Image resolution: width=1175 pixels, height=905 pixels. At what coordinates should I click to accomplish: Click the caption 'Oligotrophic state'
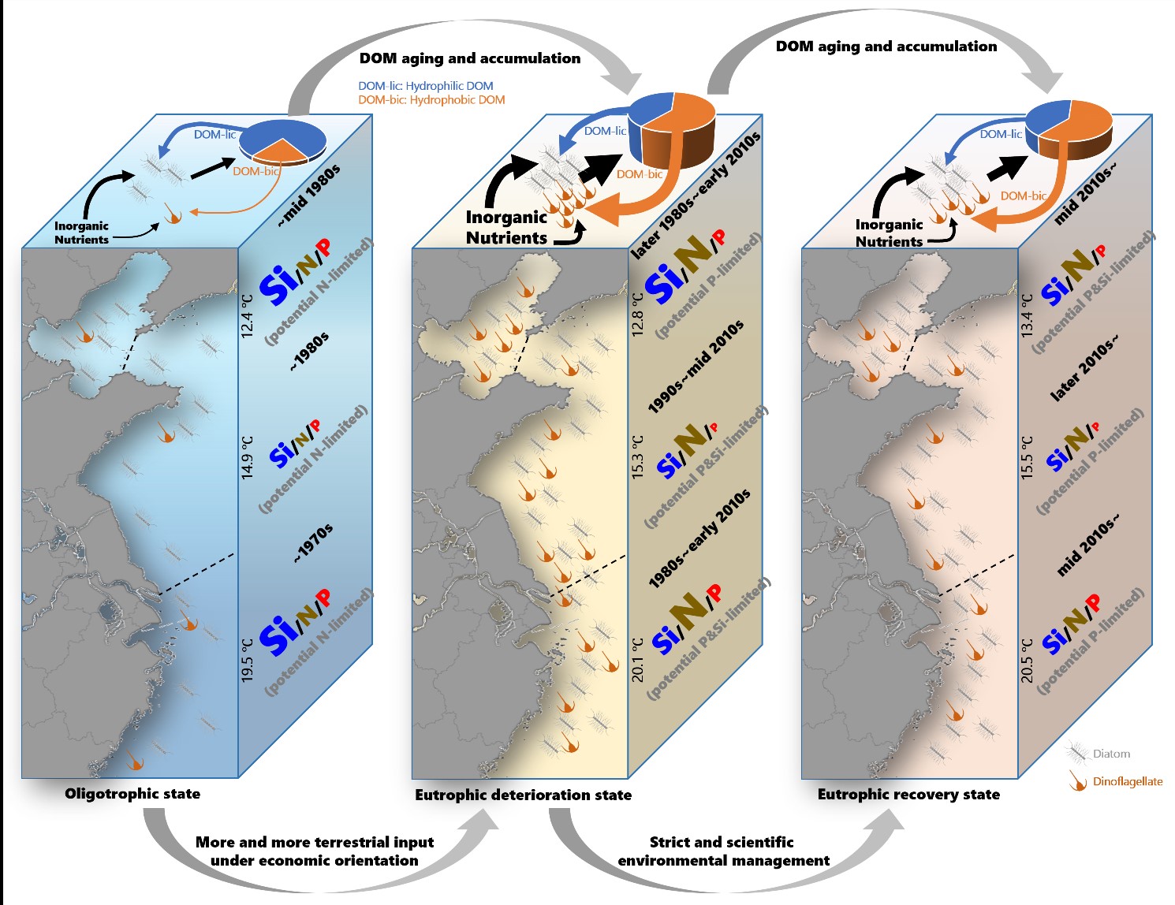click(x=132, y=794)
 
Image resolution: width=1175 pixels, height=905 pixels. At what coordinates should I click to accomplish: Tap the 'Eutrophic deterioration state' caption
click(x=523, y=795)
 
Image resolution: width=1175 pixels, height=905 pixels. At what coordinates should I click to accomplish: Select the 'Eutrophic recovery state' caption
click(x=908, y=795)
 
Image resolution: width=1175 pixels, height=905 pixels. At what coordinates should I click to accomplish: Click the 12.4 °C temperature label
click(x=248, y=316)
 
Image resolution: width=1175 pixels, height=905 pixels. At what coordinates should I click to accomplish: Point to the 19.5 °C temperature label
click(x=248, y=661)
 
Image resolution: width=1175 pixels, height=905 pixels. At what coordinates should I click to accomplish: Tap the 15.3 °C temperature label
click(x=638, y=457)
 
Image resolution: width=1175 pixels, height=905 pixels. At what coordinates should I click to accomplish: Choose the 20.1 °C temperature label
click(x=638, y=661)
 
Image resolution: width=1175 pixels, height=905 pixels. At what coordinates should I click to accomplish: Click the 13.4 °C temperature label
click(x=1027, y=316)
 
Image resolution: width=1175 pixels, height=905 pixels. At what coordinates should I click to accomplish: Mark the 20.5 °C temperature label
click(x=1027, y=661)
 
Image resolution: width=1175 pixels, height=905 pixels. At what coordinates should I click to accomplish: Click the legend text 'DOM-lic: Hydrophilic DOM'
click(x=425, y=86)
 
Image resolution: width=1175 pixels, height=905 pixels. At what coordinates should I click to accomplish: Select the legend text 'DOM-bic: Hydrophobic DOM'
click(x=431, y=100)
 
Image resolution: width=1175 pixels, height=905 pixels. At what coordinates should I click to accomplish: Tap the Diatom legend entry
click(x=1111, y=754)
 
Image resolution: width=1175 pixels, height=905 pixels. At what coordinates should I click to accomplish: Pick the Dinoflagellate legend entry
click(x=1127, y=782)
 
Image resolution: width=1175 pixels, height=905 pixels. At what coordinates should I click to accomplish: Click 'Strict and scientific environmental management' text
click(x=723, y=851)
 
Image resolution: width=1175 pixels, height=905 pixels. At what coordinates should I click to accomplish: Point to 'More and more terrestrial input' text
click(x=315, y=843)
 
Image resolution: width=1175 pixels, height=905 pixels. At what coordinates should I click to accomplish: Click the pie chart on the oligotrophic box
click(x=282, y=143)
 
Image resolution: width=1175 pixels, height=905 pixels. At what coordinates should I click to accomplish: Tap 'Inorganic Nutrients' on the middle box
click(x=506, y=227)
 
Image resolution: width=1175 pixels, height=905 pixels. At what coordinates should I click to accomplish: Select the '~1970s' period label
click(x=313, y=544)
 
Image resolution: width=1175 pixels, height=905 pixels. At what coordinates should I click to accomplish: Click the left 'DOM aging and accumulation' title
click(x=469, y=58)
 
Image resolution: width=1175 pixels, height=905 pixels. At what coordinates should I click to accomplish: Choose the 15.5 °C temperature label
click(x=1027, y=457)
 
